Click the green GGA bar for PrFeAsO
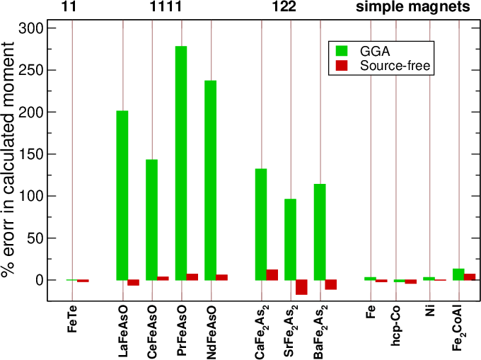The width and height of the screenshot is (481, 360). click(x=180, y=163)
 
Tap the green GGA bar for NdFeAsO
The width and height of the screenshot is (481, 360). click(x=210, y=180)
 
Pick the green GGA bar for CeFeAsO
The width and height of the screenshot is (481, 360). click(x=151, y=219)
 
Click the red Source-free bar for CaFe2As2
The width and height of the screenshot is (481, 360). click(x=272, y=275)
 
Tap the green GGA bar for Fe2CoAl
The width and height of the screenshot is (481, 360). click(x=458, y=274)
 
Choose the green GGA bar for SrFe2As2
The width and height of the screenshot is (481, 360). click(x=290, y=240)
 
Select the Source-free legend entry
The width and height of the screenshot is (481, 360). click(x=386, y=66)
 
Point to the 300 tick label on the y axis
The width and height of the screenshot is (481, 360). click(x=31, y=28)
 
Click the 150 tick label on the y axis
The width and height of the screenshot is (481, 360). click(x=31, y=112)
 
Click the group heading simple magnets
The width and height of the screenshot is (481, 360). click(x=412, y=8)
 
